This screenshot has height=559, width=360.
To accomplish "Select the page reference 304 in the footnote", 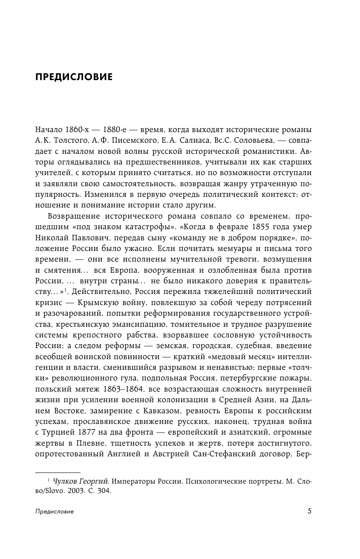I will point(104,491).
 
